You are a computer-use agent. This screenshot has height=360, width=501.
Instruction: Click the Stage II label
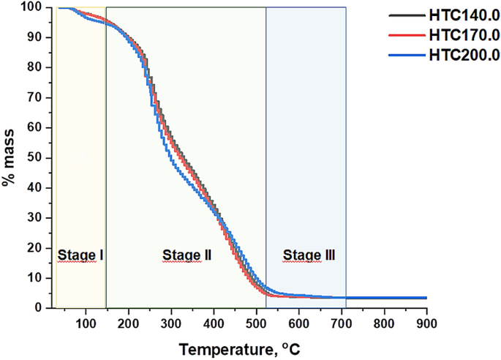click(187, 255)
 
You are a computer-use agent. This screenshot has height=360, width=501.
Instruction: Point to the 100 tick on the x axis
click(86, 322)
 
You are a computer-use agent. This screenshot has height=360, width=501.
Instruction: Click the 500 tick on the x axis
click(256, 322)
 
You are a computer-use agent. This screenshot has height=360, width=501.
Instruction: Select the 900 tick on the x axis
click(426, 322)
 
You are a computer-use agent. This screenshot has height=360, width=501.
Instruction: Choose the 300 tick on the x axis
click(171, 322)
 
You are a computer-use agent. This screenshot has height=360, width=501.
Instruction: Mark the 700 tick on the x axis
click(342, 322)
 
